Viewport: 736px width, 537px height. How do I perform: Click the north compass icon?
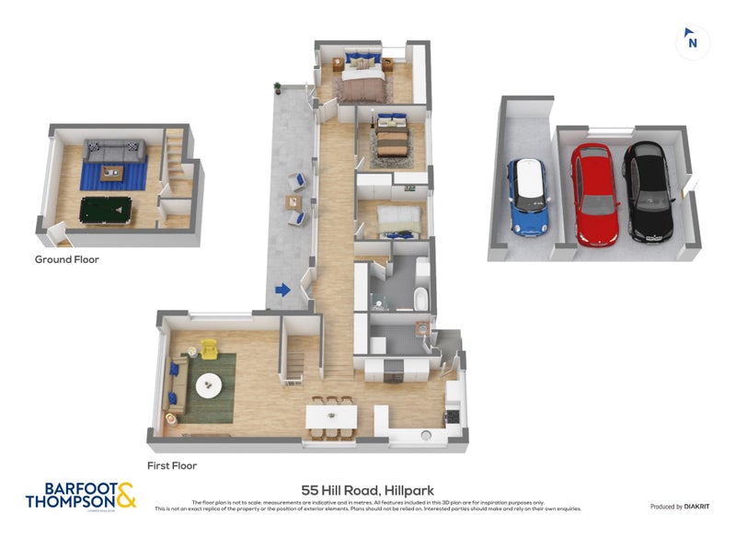point(692,41)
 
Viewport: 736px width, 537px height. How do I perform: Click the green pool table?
point(106,210)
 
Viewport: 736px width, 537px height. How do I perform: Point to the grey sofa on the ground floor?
point(115,150)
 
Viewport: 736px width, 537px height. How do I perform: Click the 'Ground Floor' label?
point(66,259)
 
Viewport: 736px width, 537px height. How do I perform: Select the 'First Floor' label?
point(172,466)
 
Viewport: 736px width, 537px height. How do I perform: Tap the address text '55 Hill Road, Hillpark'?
point(367,490)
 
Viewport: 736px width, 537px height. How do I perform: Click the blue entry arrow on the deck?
point(282,291)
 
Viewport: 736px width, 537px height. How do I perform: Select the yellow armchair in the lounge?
point(209,349)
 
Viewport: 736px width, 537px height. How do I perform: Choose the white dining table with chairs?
point(331,414)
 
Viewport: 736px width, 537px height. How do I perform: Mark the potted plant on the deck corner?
point(276,88)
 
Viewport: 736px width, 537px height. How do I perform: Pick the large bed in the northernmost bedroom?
point(362,77)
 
